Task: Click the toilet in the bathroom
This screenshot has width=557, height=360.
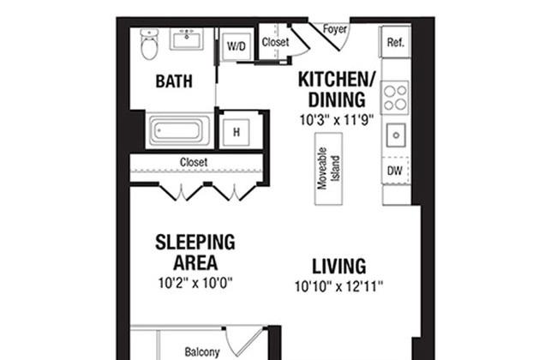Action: (x=150, y=45)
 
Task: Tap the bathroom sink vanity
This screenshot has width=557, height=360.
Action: (x=186, y=40)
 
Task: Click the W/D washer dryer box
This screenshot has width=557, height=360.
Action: (x=237, y=46)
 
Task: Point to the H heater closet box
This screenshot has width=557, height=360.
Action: (x=236, y=132)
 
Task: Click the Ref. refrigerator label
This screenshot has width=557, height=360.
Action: (x=396, y=41)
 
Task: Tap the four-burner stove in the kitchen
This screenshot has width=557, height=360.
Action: (x=395, y=97)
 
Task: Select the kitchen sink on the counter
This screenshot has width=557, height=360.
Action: (x=395, y=135)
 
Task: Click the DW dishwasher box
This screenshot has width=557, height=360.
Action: (x=395, y=171)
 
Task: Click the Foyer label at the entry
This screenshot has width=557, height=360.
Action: (x=334, y=28)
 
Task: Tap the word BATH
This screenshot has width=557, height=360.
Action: (x=173, y=82)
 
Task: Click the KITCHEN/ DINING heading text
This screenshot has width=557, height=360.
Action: (x=337, y=89)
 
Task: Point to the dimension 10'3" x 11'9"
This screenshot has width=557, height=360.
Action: (x=337, y=120)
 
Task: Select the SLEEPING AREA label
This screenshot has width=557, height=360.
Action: (x=195, y=252)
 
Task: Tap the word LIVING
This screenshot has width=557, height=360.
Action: (x=338, y=266)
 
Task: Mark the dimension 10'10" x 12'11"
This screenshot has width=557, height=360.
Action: (x=338, y=285)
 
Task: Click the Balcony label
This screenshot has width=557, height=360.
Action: (x=202, y=351)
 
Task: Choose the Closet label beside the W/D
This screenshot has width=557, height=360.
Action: (x=275, y=41)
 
